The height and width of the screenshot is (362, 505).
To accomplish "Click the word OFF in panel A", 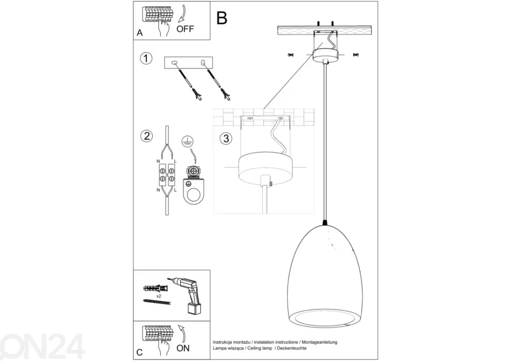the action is (x=185, y=29).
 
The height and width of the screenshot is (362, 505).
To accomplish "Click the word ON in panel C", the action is (x=183, y=348).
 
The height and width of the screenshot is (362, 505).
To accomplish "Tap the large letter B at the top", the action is (x=222, y=18).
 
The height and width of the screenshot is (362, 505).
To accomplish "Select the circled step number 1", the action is (x=146, y=59).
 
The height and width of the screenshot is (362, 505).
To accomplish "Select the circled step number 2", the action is (x=146, y=136).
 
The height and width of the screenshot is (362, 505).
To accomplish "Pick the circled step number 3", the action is (x=226, y=138).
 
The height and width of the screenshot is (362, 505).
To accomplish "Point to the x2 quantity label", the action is (x=158, y=296).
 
